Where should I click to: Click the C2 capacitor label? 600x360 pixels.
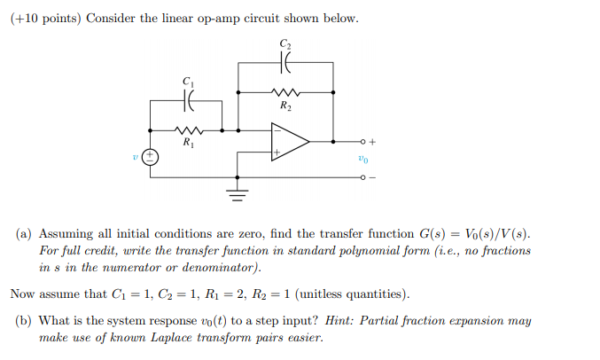pyautogui.click(x=284, y=43)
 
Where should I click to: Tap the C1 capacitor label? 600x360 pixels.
pyautogui.click(x=188, y=81)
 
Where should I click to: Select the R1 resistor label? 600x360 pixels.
pyautogui.click(x=188, y=142)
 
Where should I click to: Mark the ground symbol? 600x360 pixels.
pyautogui.click(x=238, y=192)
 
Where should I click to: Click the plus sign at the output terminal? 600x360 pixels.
pyautogui.click(x=373, y=141)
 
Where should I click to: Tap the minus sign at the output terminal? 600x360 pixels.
pyautogui.click(x=373, y=178)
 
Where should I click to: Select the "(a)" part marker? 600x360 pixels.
pyautogui.click(x=25, y=234)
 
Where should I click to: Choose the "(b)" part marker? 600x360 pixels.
pyautogui.click(x=25, y=321)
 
